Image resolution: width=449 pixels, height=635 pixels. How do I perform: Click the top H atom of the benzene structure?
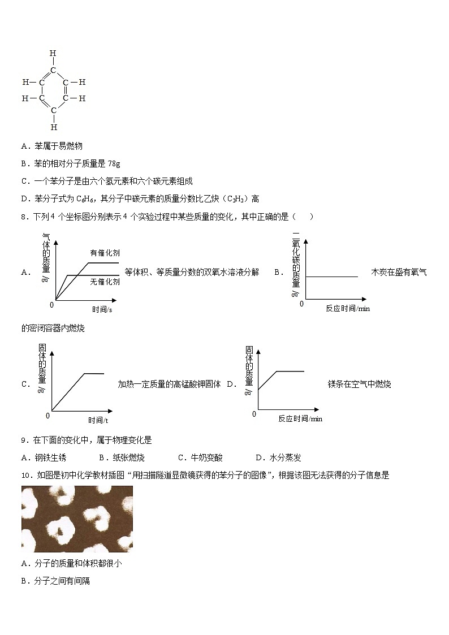[53, 54]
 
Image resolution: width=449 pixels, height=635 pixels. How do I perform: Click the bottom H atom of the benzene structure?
[54, 127]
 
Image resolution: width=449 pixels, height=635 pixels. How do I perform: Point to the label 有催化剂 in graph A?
[105, 253]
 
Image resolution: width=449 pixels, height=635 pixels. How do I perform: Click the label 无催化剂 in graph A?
[105, 281]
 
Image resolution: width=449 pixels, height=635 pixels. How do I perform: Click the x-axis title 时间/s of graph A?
[102, 309]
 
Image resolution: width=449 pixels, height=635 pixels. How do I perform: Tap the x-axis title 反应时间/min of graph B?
[348, 308]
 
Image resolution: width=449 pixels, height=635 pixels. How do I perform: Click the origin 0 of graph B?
[301, 304]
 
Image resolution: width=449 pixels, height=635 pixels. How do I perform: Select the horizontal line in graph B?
[332, 277]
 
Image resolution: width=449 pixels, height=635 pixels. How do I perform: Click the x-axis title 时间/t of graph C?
[98, 420]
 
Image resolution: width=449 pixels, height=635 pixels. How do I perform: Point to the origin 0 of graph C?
[48, 416]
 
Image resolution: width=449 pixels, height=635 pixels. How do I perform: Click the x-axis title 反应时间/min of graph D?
[300, 418]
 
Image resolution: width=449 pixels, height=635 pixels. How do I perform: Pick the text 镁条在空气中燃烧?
[359, 385]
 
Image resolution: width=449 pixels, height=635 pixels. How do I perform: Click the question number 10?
[26, 476]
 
